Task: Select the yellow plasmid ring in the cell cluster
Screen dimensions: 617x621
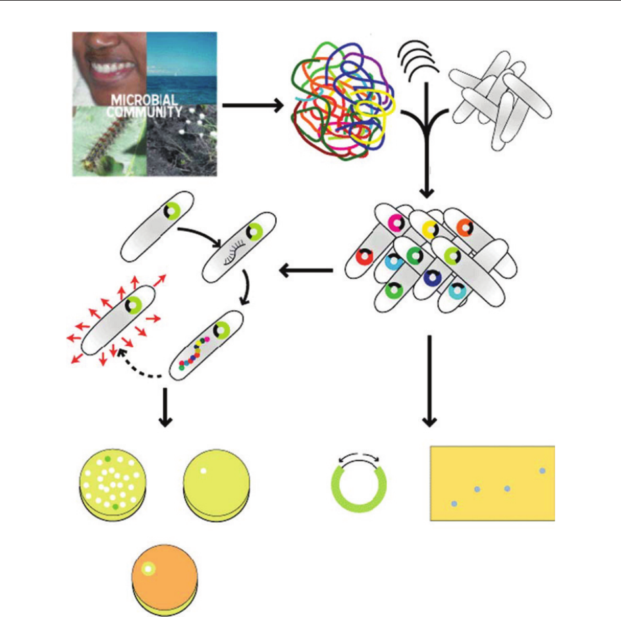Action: [430, 229]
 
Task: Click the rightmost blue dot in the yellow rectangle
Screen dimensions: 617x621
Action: [542, 471]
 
